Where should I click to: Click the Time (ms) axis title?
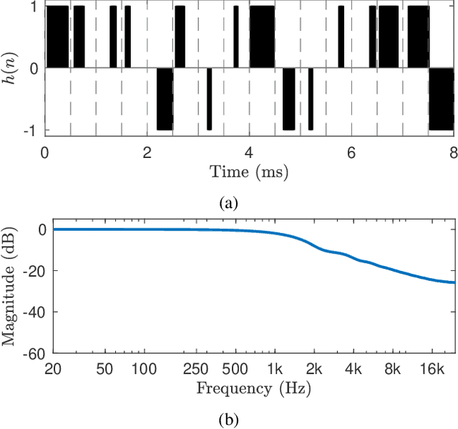(x=249, y=172)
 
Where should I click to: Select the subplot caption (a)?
(x=228, y=203)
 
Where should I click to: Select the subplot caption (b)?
(x=228, y=420)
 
